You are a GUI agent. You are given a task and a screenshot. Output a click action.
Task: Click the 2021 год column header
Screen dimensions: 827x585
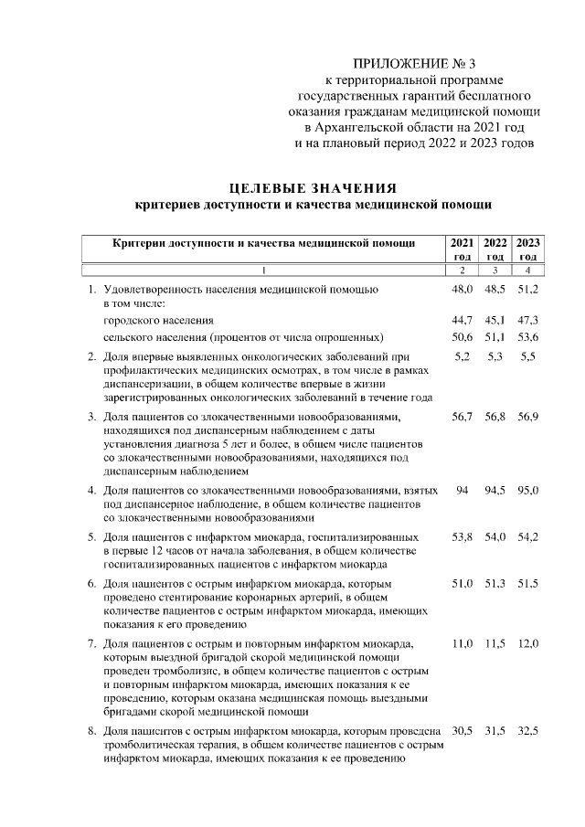tap(463, 249)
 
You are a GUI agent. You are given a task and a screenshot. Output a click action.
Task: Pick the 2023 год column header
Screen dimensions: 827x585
tap(528, 249)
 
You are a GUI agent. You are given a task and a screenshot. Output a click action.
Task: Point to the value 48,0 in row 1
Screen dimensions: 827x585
tap(463, 289)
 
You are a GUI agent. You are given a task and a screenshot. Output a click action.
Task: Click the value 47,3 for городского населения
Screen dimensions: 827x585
tap(528, 321)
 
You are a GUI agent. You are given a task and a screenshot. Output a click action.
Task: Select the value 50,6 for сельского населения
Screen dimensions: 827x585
tap(463, 336)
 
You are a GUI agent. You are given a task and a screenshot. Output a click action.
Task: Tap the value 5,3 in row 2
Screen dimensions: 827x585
tap(495, 355)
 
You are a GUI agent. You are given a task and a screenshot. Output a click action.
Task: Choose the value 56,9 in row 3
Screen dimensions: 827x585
tap(528, 417)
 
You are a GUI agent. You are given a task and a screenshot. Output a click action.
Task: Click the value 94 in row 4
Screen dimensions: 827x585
tap(463, 491)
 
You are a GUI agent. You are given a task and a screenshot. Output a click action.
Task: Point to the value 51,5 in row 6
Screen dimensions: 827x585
tap(528, 583)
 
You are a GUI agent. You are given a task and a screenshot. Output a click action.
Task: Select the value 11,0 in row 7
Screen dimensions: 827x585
tap(463, 644)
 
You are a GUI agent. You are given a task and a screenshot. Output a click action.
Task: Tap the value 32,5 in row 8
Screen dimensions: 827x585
tap(528, 732)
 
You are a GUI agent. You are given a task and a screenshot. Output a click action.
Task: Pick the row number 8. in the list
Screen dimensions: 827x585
tap(91, 732)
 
